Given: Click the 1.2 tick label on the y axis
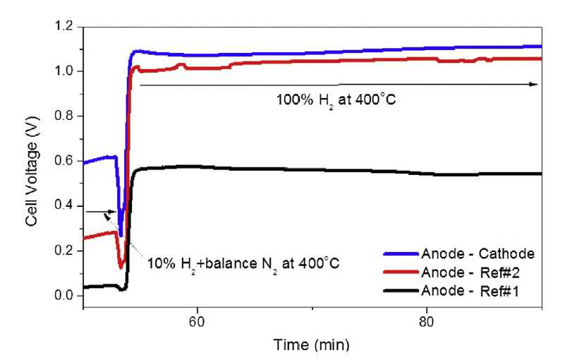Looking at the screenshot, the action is pyautogui.click(x=63, y=26).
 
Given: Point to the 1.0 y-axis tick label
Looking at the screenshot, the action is pyautogui.click(x=63, y=71).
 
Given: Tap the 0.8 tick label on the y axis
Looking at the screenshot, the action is pyautogui.click(x=63, y=116).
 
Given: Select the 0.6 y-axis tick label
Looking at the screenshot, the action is pyautogui.click(x=63, y=161).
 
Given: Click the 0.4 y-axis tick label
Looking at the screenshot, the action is pyautogui.click(x=63, y=206).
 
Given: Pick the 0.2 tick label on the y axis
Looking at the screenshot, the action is pyautogui.click(x=63, y=251).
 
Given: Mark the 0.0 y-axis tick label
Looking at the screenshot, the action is pyautogui.click(x=63, y=296).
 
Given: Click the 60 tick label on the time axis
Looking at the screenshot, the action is pyautogui.click(x=198, y=322).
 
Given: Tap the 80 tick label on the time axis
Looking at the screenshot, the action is pyautogui.click(x=427, y=322).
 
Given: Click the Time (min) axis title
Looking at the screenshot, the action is pyautogui.click(x=311, y=345).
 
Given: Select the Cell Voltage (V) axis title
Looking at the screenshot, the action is pyautogui.click(x=32, y=171).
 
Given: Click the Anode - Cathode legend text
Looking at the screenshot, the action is pyautogui.click(x=478, y=253).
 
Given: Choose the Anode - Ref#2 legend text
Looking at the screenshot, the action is pyautogui.click(x=470, y=272).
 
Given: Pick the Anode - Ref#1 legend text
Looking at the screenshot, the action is pyautogui.click(x=470, y=291).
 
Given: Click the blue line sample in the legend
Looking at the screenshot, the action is pyautogui.click(x=401, y=253).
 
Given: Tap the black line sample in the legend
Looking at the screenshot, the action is pyautogui.click(x=401, y=291).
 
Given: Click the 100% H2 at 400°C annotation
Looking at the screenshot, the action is pyautogui.click(x=336, y=100).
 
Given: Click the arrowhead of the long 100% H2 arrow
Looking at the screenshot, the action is pyautogui.click(x=534, y=84).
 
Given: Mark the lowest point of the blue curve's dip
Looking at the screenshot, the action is pyautogui.click(x=121, y=235).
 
